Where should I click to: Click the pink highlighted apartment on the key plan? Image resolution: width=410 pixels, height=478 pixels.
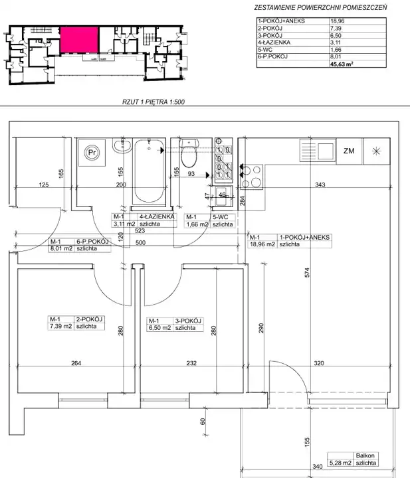coord(79,40)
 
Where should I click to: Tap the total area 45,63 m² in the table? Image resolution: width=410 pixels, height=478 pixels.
coord(342,64)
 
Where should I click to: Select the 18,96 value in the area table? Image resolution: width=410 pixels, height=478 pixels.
coord(335,21)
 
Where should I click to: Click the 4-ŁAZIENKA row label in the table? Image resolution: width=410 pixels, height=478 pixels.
coord(274,42)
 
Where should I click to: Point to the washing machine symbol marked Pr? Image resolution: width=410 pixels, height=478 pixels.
coord(92,153)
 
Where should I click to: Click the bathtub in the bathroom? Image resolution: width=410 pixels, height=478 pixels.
coord(149,171)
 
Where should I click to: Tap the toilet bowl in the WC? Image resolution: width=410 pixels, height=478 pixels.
coord(189,153)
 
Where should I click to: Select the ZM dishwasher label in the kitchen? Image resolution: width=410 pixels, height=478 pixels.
coord(349,151)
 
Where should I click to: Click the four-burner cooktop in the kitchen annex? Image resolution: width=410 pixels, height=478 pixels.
coord(251,177)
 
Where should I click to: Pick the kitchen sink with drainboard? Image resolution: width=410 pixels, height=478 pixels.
coord(318,151)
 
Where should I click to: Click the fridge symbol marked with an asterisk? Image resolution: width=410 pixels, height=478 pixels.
coord(377,151)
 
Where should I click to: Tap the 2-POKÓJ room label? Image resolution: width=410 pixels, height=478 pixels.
coord(89,319)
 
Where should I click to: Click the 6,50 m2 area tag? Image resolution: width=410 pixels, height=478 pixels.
coord(160,328)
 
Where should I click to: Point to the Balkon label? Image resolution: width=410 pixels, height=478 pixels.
coord(365,455)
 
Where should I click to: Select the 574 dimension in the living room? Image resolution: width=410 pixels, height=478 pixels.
coord(307,272)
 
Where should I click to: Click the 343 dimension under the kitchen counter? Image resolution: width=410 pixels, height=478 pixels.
coord(320,185)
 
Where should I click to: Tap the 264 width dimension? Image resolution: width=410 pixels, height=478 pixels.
coord(76,362)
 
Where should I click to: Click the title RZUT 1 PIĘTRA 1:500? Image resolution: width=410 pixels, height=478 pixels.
coord(154,102)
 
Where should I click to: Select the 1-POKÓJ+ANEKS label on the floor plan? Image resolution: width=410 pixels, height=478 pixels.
coord(304,237)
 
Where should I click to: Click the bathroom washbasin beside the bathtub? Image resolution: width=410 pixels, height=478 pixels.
coord(122,145)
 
